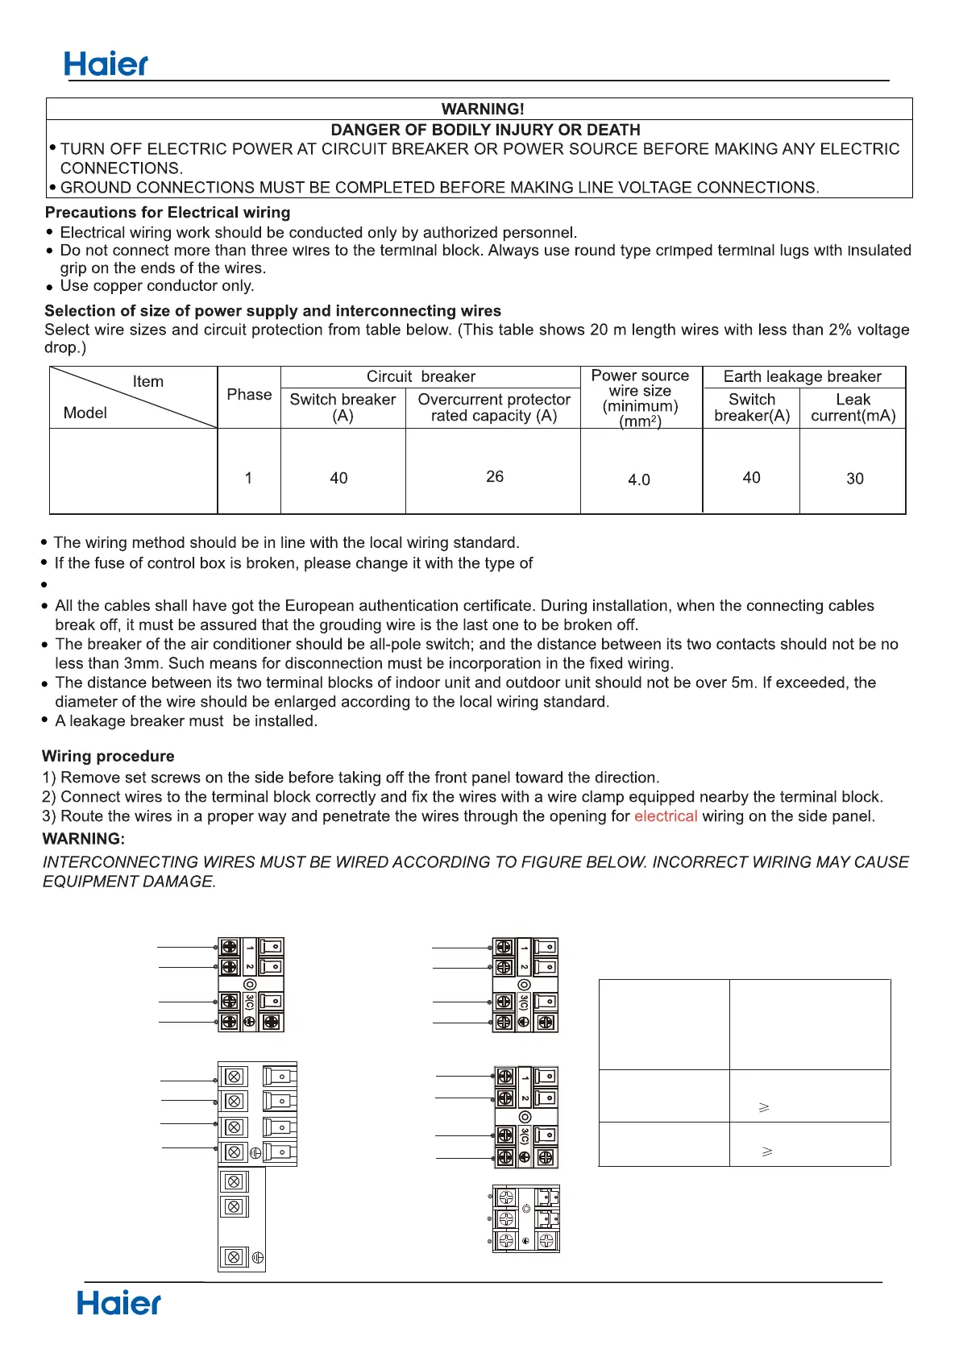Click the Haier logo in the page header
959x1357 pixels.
click(x=106, y=64)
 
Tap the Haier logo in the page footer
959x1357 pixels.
click(x=118, y=1303)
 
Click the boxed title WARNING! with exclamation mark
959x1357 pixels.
click(x=483, y=109)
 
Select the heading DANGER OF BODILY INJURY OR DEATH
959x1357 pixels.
click(x=485, y=130)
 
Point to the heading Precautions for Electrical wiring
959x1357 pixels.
click(x=168, y=213)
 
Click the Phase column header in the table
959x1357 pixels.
click(x=249, y=395)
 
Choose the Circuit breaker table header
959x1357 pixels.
click(x=421, y=376)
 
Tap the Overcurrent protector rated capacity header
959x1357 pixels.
click(x=493, y=408)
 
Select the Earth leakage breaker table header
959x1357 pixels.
click(x=802, y=376)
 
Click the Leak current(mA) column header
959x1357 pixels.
click(x=853, y=408)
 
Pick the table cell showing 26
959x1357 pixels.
click(x=495, y=477)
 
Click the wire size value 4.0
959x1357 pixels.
click(x=639, y=480)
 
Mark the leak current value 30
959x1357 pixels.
click(x=855, y=479)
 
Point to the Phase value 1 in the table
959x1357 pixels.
click(x=248, y=479)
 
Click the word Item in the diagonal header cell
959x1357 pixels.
click(x=148, y=382)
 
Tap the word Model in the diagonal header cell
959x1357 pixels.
click(x=85, y=413)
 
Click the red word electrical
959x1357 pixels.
click(x=666, y=816)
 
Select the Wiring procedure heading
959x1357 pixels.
click(x=108, y=757)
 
